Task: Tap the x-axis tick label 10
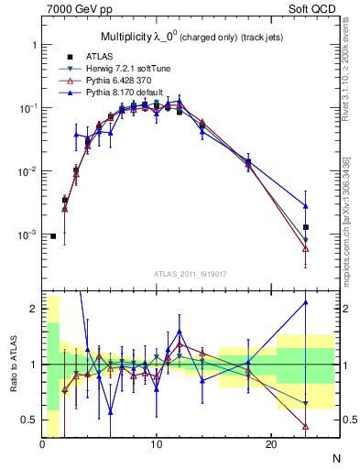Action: tap(157, 444)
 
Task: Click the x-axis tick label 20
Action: tap(270, 444)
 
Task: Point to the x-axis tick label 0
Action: tap(42, 444)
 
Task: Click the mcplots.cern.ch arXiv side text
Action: tap(347, 220)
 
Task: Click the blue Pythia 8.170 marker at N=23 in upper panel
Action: tap(306, 206)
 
